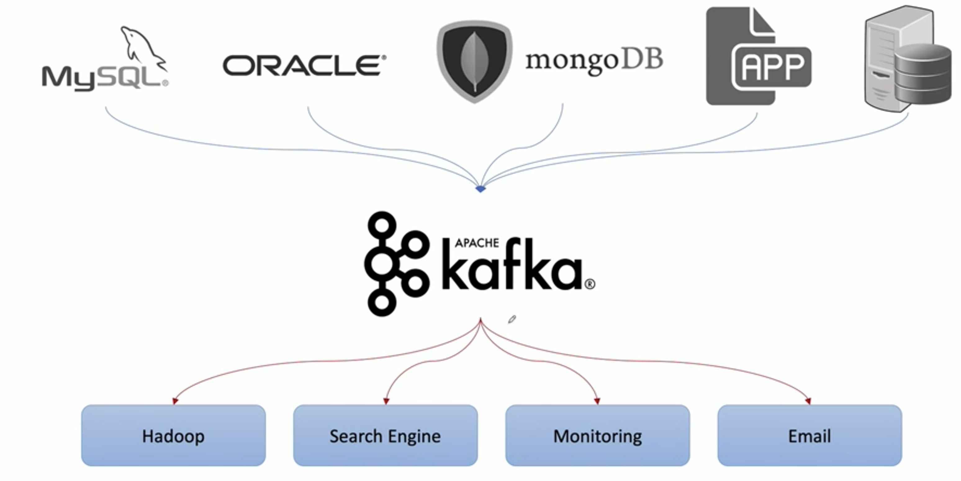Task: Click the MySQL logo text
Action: pyautogui.click(x=105, y=78)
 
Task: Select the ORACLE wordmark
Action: pyautogui.click(x=304, y=66)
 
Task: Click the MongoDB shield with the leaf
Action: pyautogui.click(x=475, y=61)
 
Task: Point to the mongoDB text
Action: pyautogui.click(x=594, y=61)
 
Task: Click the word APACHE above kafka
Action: pyautogui.click(x=477, y=243)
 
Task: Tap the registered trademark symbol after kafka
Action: pyautogui.click(x=590, y=285)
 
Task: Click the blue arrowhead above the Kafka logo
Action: pyautogui.click(x=480, y=189)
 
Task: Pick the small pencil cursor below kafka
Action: pyautogui.click(x=512, y=319)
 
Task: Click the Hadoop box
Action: pyautogui.click(x=174, y=435)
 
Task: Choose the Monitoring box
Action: pyautogui.click(x=597, y=435)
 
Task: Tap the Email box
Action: pyautogui.click(x=810, y=435)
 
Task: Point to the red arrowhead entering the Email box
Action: pyautogui.click(x=808, y=401)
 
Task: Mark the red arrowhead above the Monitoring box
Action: pyautogui.click(x=597, y=401)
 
